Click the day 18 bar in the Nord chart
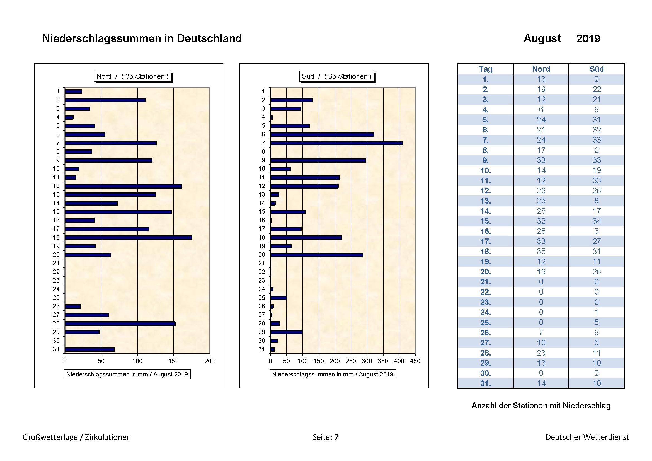[x=128, y=237]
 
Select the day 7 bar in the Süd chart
[x=336, y=143]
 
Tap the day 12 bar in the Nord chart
[x=123, y=186]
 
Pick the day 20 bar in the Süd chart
[x=317, y=255]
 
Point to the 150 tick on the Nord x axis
[x=173, y=361]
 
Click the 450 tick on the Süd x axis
[x=415, y=361]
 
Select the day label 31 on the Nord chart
[x=56, y=349]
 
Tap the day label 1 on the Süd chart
[x=263, y=91]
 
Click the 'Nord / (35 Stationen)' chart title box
[x=133, y=76]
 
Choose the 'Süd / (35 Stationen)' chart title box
[x=337, y=76]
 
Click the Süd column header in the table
[x=596, y=69]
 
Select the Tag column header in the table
[x=485, y=69]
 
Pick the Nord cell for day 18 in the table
[x=541, y=251]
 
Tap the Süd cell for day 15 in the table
[x=596, y=221]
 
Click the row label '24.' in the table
[x=485, y=312]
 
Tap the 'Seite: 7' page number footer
[x=325, y=437]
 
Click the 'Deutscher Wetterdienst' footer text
[x=587, y=437]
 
